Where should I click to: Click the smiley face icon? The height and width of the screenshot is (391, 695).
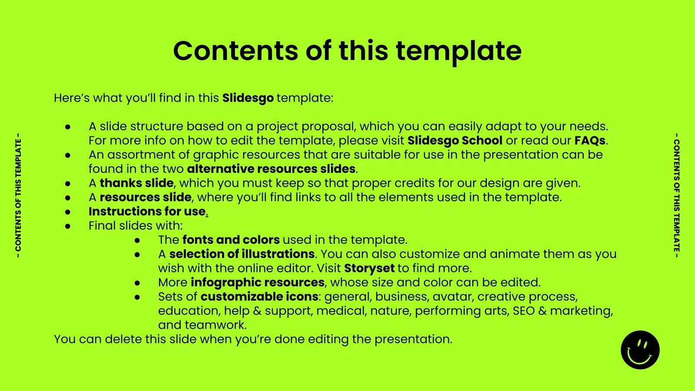pyautogui.click(x=640, y=350)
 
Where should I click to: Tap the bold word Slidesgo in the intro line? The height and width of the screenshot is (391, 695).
pyautogui.click(x=248, y=98)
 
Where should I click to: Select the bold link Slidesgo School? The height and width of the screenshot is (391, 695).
pyautogui.click(x=455, y=141)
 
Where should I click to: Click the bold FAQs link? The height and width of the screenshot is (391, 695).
pyautogui.click(x=589, y=141)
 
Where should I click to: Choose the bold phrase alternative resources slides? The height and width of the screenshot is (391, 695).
pyautogui.click(x=271, y=169)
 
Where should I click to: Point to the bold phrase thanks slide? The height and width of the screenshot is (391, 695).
pyautogui.click(x=136, y=183)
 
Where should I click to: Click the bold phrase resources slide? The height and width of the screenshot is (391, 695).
pyautogui.click(x=145, y=197)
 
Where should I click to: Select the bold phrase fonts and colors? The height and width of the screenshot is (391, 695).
pyautogui.click(x=231, y=240)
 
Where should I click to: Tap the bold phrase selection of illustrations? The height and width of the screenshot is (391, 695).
pyautogui.click(x=242, y=254)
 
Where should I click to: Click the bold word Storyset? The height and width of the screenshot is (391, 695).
pyautogui.click(x=369, y=268)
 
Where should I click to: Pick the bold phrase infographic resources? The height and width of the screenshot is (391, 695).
pyautogui.click(x=257, y=282)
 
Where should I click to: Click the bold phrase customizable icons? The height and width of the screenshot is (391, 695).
pyautogui.click(x=259, y=297)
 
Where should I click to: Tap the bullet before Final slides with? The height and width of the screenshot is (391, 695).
pyautogui.click(x=68, y=226)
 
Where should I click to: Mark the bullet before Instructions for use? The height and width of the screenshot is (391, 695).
pyautogui.click(x=68, y=212)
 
